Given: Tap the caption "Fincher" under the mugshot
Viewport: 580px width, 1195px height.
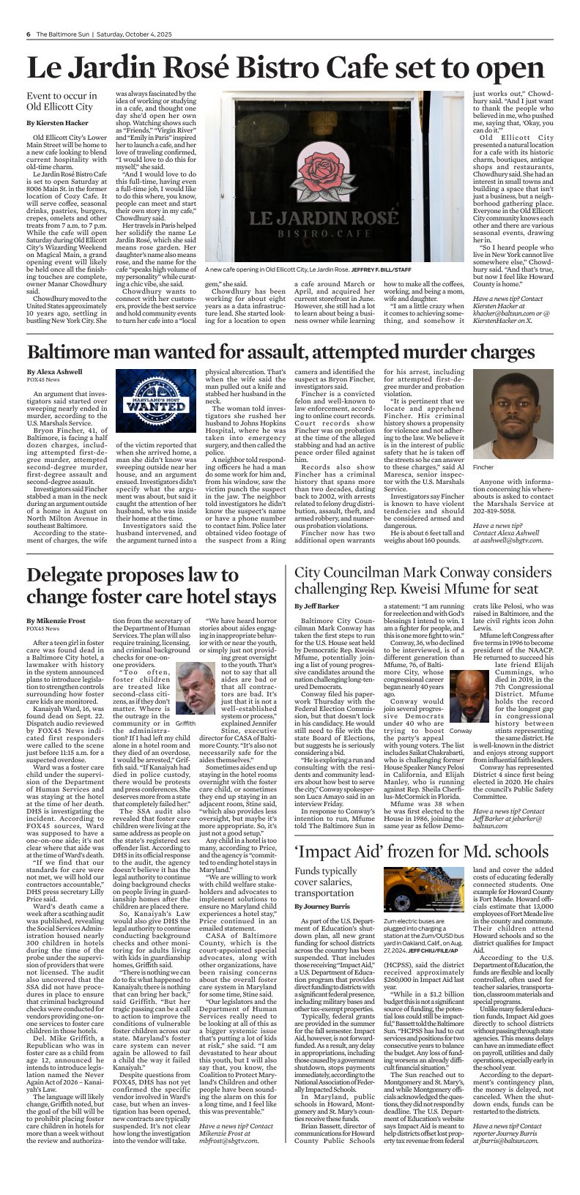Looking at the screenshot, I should tap(483, 466).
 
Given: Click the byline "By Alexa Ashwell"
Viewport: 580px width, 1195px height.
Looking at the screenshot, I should tap(54, 372).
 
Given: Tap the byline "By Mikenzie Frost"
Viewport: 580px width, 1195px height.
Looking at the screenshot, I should tap(56, 620).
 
